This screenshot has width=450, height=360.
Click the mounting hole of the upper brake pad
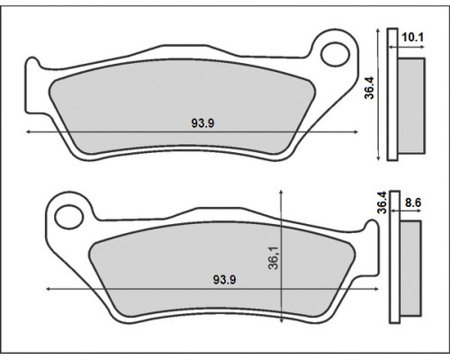coord(335,55)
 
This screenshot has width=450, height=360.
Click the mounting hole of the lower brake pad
coord(68,217)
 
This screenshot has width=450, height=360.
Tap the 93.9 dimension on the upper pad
coord(202,123)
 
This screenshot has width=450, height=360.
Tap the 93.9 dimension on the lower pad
coord(224,280)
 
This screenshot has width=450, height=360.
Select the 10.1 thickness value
coord(412,38)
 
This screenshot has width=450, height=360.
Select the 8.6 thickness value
coord(413,203)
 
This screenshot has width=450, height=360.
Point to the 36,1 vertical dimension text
coord(274,257)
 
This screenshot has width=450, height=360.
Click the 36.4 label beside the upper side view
coord(369,87)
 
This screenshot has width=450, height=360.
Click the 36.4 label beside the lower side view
coord(382,202)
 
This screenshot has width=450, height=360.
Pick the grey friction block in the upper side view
coord(411,106)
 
